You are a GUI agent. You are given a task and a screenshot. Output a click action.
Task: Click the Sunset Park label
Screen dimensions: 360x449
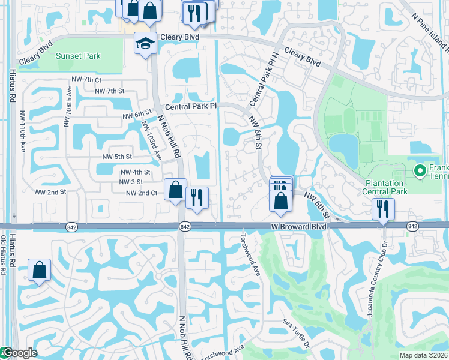(x=78, y=56)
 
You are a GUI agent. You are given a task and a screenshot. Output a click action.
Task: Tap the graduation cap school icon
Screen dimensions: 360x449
(x=145, y=43)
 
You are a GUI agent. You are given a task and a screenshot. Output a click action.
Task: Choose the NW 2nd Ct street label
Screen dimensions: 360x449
(x=142, y=193)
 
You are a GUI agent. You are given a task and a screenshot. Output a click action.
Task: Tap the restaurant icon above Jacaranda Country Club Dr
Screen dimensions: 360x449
(x=382, y=209)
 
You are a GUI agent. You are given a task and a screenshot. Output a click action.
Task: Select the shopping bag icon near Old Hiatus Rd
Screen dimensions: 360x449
(x=39, y=271)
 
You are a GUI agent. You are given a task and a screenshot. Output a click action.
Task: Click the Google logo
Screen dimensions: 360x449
(x=19, y=353)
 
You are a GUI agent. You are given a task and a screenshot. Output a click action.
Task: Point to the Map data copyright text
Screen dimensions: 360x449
(x=423, y=355)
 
